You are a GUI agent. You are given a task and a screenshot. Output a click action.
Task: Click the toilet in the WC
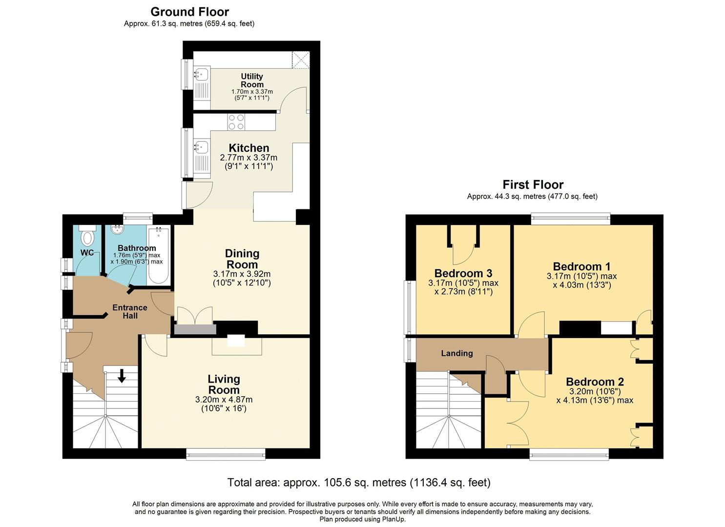(87, 236)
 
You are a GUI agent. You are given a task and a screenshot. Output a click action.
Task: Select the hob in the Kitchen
(236, 122)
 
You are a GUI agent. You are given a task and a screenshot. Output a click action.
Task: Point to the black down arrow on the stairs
(122, 375)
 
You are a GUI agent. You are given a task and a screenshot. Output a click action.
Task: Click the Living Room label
(224, 385)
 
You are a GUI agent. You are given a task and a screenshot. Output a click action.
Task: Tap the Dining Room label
(242, 259)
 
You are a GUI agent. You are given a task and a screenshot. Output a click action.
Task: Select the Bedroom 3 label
(463, 273)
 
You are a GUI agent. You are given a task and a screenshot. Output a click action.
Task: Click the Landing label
(457, 353)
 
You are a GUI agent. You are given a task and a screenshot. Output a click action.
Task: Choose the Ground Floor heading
(189, 12)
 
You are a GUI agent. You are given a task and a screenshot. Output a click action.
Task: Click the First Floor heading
(533, 185)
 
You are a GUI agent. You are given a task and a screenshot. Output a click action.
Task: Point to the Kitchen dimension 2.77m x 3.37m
(249, 158)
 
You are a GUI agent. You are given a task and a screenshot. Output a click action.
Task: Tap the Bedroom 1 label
(581, 266)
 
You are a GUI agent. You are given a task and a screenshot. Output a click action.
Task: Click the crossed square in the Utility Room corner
(301, 60)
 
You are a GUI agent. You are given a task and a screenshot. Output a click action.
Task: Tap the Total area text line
(359, 483)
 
